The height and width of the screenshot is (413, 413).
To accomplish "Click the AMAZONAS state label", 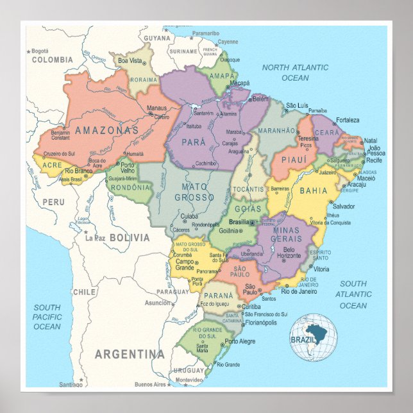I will (x=107, y=130).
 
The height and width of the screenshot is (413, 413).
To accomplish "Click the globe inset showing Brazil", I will (x=313, y=337).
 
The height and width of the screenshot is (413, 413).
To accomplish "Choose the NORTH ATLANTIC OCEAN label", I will (x=294, y=72).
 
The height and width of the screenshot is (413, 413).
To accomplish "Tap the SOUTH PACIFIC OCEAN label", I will (x=47, y=317).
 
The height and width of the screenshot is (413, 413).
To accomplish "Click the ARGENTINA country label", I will (x=130, y=354).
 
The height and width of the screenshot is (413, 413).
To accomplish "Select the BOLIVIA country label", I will (x=129, y=238).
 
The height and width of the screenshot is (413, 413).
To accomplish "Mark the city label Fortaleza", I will (x=347, y=120).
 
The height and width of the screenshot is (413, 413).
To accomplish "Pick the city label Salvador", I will (x=343, y=206).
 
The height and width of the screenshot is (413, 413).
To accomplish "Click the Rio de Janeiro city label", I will (x=299, y=291).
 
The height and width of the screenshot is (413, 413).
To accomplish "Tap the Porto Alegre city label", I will (x=240, y=342).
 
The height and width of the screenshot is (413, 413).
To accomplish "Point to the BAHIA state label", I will (x=313, y=190).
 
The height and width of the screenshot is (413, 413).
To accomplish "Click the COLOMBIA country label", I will (x=52, y=60).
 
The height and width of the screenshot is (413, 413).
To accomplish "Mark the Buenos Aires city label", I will (x=151, y=384).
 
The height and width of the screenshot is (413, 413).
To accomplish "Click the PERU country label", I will (x=54, y=201).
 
